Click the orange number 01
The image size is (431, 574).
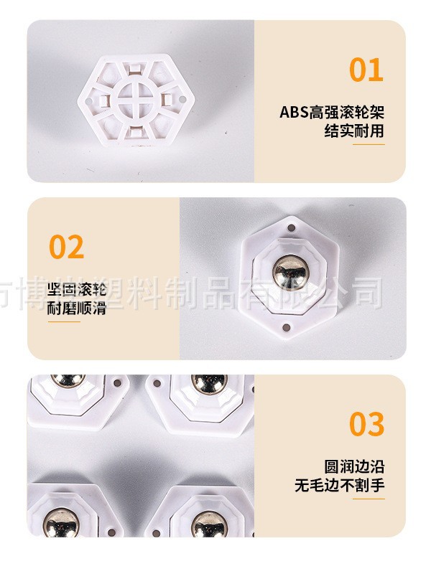(x=366, y=70)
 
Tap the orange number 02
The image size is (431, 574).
(x=67, y=247)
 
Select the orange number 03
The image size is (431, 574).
(x=366, y=424)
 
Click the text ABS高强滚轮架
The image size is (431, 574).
(x=332, y=113)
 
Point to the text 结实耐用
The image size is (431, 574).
(x=354, y=131)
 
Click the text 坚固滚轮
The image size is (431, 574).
(x=78, y=291)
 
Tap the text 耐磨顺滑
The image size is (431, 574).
(x=78, y=309)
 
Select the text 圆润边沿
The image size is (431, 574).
(x=354, y=466)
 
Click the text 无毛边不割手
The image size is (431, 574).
(x=339, y=485)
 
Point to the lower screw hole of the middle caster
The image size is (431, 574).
(x=287, y=329)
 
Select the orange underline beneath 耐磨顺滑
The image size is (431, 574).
(x=64, y=322)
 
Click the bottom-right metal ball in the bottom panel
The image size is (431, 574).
(x=208, y=524)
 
